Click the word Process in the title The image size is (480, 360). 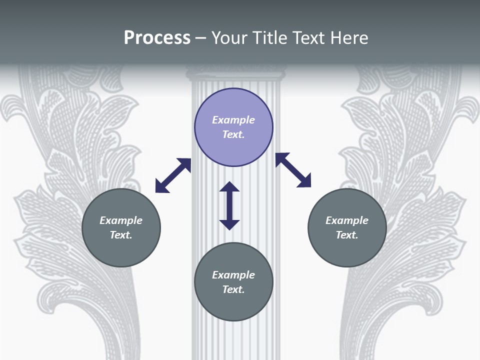pyautogui.click(x=157, y=38)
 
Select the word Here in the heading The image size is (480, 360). pyautogui.click(x=348, y=38)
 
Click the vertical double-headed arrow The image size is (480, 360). pyautogui.click(x=229, y=206)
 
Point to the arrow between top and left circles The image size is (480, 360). pyautogui.click(x=173, y=175)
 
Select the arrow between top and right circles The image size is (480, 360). pyautogui.click(x=293, y=170)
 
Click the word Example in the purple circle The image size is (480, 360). pyautogui.click(x=233, y=120)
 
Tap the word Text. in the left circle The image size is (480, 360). pyautogui.click(x=121, y=235)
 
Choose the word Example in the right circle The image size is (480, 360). pyautogui.click(x=347, y=220)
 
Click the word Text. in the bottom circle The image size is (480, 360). pyautogui.click(x=233, y=289)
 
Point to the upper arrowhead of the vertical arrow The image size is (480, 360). pyautogui.click(x=229, y=187)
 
